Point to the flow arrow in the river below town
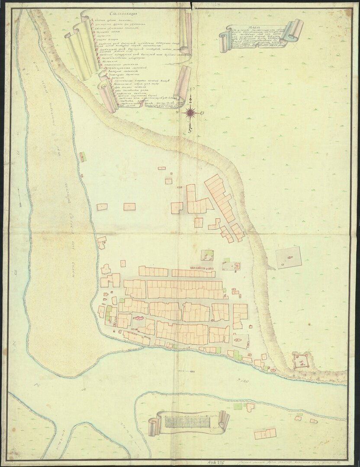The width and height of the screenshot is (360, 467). pyautogui.click(x=187, y=372)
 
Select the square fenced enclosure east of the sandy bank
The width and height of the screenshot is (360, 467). pyautogui.click(x=288, y=257)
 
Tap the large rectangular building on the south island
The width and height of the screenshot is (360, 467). pyautogui.click(x=265, y=434)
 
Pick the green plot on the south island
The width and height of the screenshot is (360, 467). pyautogui.click(x=238, y=406)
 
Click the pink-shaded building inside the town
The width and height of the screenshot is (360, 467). pyautogui.click(x=138, y=318)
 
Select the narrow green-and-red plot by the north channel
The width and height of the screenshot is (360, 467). pyautogui.click(x=82, y=156)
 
